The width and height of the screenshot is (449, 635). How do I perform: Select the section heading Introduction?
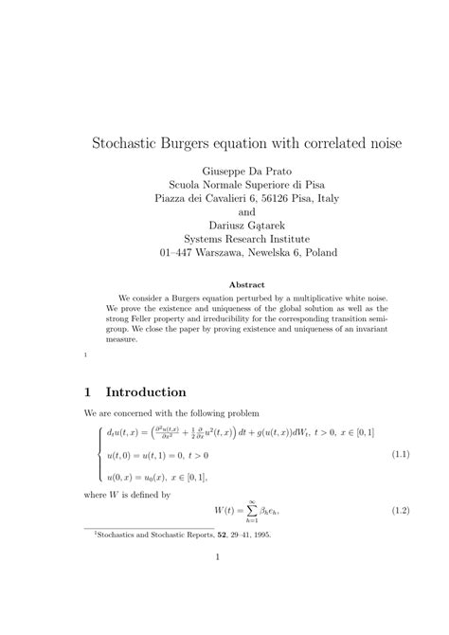146,391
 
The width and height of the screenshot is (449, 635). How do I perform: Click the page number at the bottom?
218,584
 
